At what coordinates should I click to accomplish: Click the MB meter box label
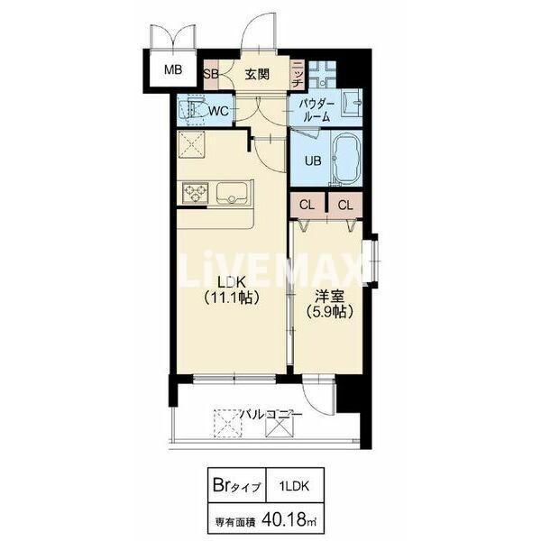pyautogui.click(x=173, y=70)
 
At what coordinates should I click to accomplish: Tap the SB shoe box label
pyautogui.click(x=210, y=74)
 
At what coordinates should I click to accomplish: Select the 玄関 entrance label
pyautogui.click(x=257, y=74)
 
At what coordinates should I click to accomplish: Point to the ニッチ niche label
pyautogui.click(x=297, y=74)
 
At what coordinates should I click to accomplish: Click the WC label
pyautogui.click(x=219, y=111)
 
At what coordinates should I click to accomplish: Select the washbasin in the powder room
pyautogui.click(x=352, y=103)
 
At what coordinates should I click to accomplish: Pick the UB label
pyautogui.click(x=313, y=160)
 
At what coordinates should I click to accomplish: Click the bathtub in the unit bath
pyautogui.click(x=346, y=159)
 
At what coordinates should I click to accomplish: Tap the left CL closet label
pyautogui.click(x=307, y=205)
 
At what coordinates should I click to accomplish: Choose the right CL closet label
pyautogui.click(x=345, y=206)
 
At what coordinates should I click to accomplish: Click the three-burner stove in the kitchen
pyautogui.click(x=196, y=193)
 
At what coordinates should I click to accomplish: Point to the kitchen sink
pyautogui.click(x=232, y=192)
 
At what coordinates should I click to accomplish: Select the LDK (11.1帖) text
pyautogui.click(x=231, y=290)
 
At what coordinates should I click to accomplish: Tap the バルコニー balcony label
pyautogui.click(x=271, y=414)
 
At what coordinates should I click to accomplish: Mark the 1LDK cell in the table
pyautogui.click(x=294, y=486)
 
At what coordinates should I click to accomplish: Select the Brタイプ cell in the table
pyautogui.click(x=237, y=486)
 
